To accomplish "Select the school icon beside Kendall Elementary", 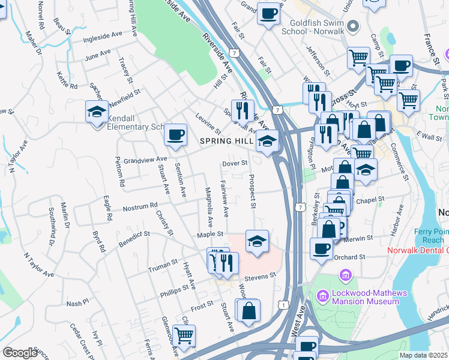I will [x=96, y=112].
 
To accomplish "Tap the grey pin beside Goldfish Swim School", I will [x=353, y=26].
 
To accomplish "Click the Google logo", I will [x=20, y=353].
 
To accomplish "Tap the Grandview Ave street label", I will [x=145, y=160].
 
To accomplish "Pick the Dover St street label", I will [x=235, y=163].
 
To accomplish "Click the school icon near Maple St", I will [x=257, y=241].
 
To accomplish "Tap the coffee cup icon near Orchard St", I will [x=321, y=248].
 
